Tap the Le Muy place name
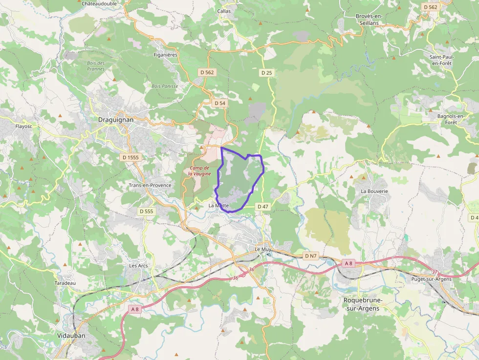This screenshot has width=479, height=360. tap(263, 249)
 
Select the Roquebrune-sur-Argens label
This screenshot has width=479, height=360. tap(362, 304)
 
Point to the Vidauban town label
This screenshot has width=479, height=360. tap(71, 336)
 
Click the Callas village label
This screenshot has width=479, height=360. tap(224, 11)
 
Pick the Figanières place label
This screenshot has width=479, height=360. tap(165, 55)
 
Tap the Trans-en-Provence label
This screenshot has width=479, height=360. tap(150, 186)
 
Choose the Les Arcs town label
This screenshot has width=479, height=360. tap(138, 266)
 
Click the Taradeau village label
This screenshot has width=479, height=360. tap(65, 283)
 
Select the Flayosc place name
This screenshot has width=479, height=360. tap(23, 126)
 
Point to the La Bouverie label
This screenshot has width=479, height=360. tap(374, 191)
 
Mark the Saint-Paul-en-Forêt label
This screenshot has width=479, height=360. tap(441, 60)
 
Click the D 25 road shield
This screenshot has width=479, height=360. tap(266, 73)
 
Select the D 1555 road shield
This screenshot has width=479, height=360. tap(130, 157)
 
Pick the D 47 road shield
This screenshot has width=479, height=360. tap(263, 207)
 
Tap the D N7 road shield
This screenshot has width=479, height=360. tap(311, 256)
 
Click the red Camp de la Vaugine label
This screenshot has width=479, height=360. tap(199, 171)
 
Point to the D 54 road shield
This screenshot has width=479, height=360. tap(220, 103)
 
